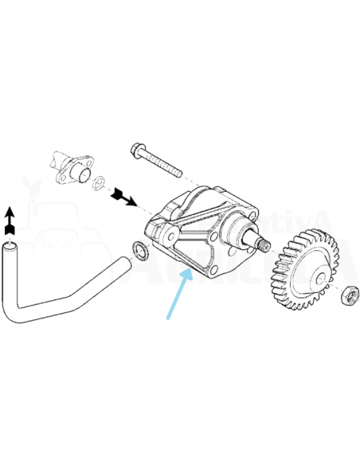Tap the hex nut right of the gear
(x=346, y=297)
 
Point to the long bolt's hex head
(x=137, y=149)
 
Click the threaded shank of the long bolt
(x=165, y=164)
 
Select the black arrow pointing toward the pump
(x=125, y=195)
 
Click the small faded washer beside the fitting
(x=97, y=184)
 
